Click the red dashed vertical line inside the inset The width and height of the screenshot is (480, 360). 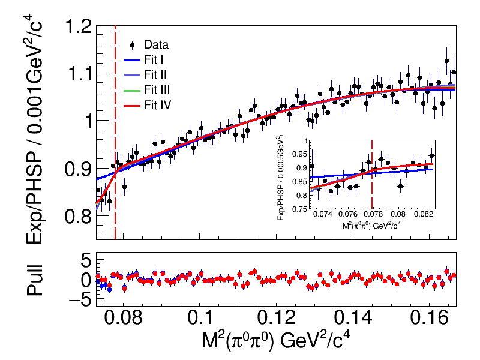pos(373,180)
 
